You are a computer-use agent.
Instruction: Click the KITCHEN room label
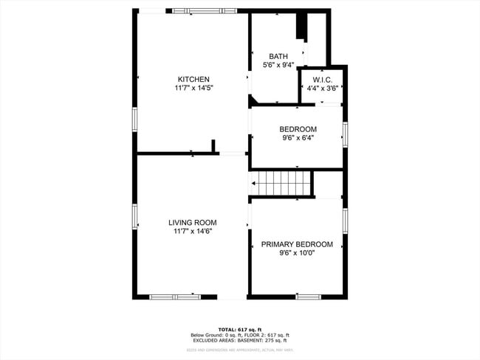[x=193, y=80]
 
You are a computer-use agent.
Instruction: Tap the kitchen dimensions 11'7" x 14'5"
[x=193, y=89]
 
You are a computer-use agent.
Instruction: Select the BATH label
[x=278, y=56]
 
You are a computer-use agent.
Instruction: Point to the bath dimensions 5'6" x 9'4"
[x=278, y=65]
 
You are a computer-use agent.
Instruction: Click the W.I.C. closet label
[x=323, y=80]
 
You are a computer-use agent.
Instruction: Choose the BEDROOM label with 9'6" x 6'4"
[x=298, y=129]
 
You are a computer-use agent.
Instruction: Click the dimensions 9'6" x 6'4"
[x=298, y=138]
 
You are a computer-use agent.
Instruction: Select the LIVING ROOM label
[x=192, y=223]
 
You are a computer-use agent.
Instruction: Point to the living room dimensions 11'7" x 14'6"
[x=192, y=232]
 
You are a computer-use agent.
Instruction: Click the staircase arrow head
[x=254, y=184]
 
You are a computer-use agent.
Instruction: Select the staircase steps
[x=284, y=184]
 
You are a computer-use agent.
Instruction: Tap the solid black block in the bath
[x=301, y=26]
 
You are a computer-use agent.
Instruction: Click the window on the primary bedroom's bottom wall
[x=308, y=297]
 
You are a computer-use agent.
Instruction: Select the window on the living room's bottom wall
[x=174, y=297]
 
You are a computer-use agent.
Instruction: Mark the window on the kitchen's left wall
[x=134, y=119]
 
